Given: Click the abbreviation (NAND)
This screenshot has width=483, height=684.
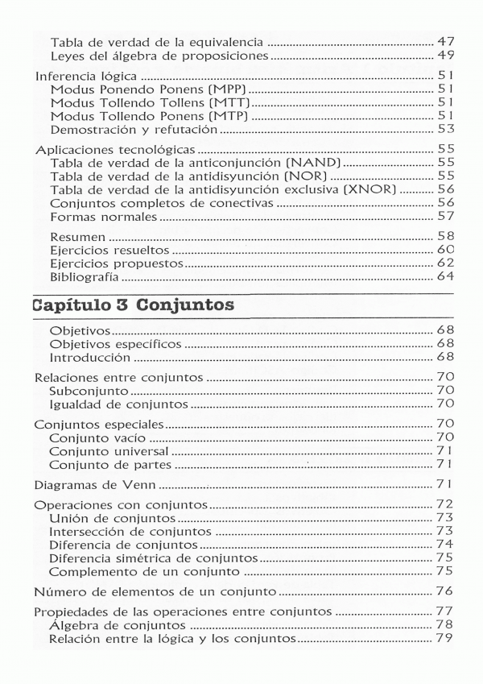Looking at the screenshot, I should [308, 162].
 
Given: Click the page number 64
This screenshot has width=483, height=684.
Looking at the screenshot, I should [445, 277].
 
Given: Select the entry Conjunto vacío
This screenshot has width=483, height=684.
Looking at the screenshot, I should [99, 437].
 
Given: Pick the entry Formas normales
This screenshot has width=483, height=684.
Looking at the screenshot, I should [103, 217].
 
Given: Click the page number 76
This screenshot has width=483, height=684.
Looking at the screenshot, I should [445, 591].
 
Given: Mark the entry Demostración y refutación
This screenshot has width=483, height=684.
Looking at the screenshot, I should [134, 129].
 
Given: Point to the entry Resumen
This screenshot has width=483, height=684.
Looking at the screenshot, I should [77, 237].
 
